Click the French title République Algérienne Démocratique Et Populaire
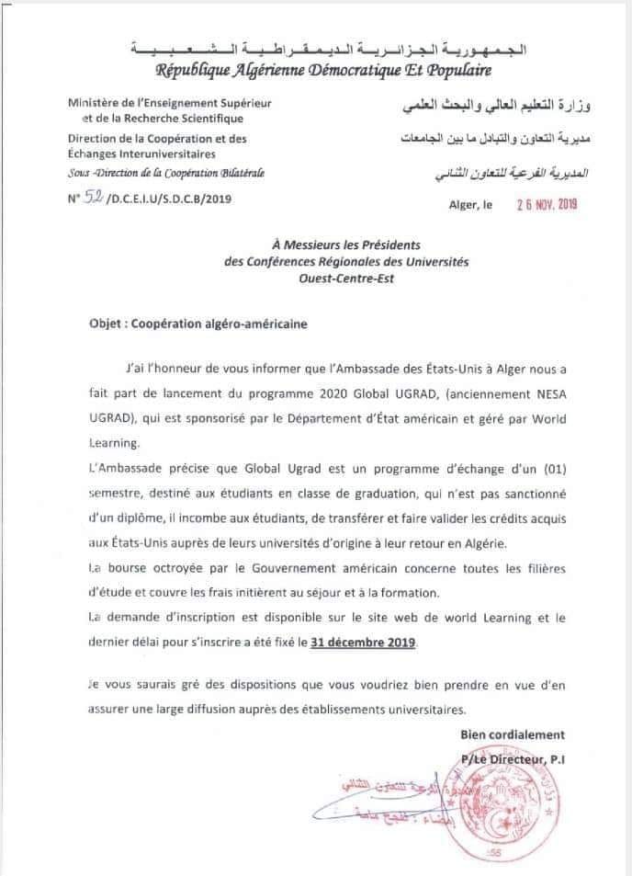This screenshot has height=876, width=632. [322, 70]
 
